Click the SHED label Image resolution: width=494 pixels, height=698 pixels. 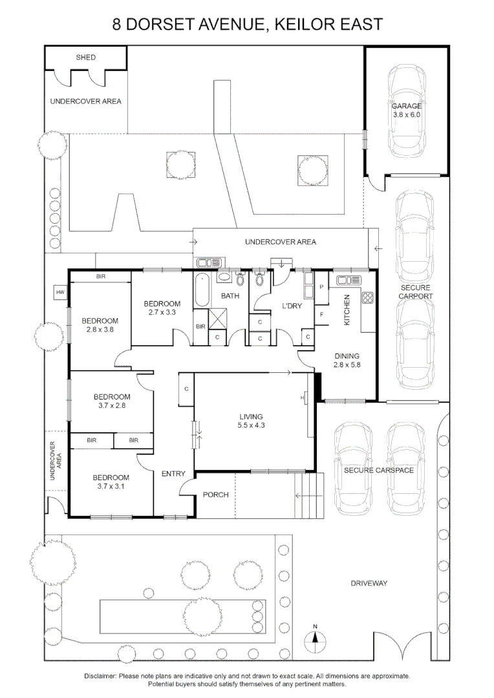pyautogui.click(x=86, y=58)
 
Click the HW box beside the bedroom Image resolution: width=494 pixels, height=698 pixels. pyautogui.click(x=61, y=293)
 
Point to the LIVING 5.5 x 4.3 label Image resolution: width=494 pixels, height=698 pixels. pyautogui.click(x=251, y=421)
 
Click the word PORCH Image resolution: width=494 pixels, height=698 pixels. pyautogui.click(x=216, y=495)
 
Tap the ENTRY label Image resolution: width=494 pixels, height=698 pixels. pyautogui.click(x=173, y=474)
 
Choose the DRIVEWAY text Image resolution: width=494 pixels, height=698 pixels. pyautogui.click(x=369, y=584)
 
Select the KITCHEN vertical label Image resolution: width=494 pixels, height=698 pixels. pyautogui.click(x=347, y=310)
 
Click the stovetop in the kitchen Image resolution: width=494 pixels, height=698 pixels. pyautogui.click(x=368, y=298)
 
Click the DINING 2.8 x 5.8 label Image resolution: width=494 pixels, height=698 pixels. pyautogui.click(x=347, y=360)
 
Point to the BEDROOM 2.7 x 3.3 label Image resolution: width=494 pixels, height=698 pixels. pyautogui.click(x=162, y=308)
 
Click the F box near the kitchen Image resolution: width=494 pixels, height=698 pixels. pyautogui.click(x=321, y=315)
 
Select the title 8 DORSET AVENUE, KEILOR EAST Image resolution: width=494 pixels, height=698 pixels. pyautogui.click(x=247, y=25)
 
